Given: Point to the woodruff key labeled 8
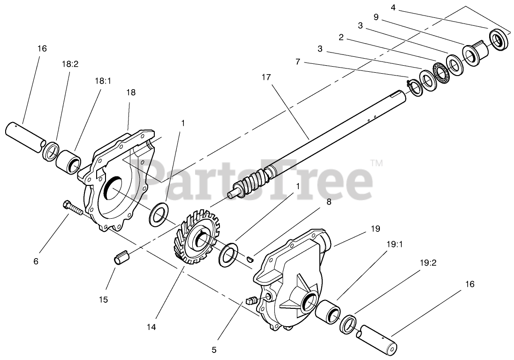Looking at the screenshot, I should click(x=250, y=257).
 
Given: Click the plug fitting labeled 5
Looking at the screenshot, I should click(x=251, y=300).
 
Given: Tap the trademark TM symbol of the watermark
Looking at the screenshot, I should click(x=377, y=163).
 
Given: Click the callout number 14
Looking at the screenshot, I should click(x=151, y=326).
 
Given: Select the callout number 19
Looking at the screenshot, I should click(x=375, y=229).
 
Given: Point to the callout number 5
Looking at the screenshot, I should click(x=214, y=349).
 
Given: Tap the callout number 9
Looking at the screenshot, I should click(x=376, y=16).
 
